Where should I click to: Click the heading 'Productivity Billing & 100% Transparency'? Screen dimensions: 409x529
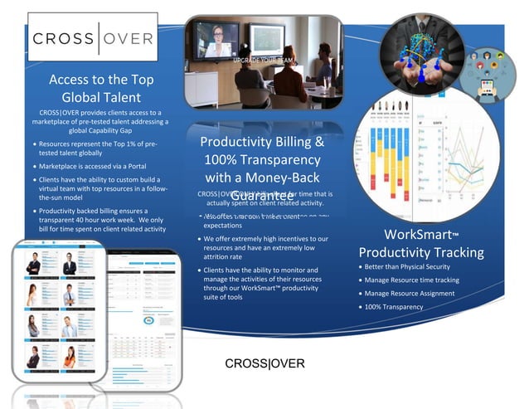[x=263, y=159]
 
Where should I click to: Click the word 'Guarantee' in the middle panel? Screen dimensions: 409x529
[x=263, y=197]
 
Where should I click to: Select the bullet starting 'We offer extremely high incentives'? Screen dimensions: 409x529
[x=265, y=248]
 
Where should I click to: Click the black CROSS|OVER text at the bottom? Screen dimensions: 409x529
[x=264, y=363]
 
